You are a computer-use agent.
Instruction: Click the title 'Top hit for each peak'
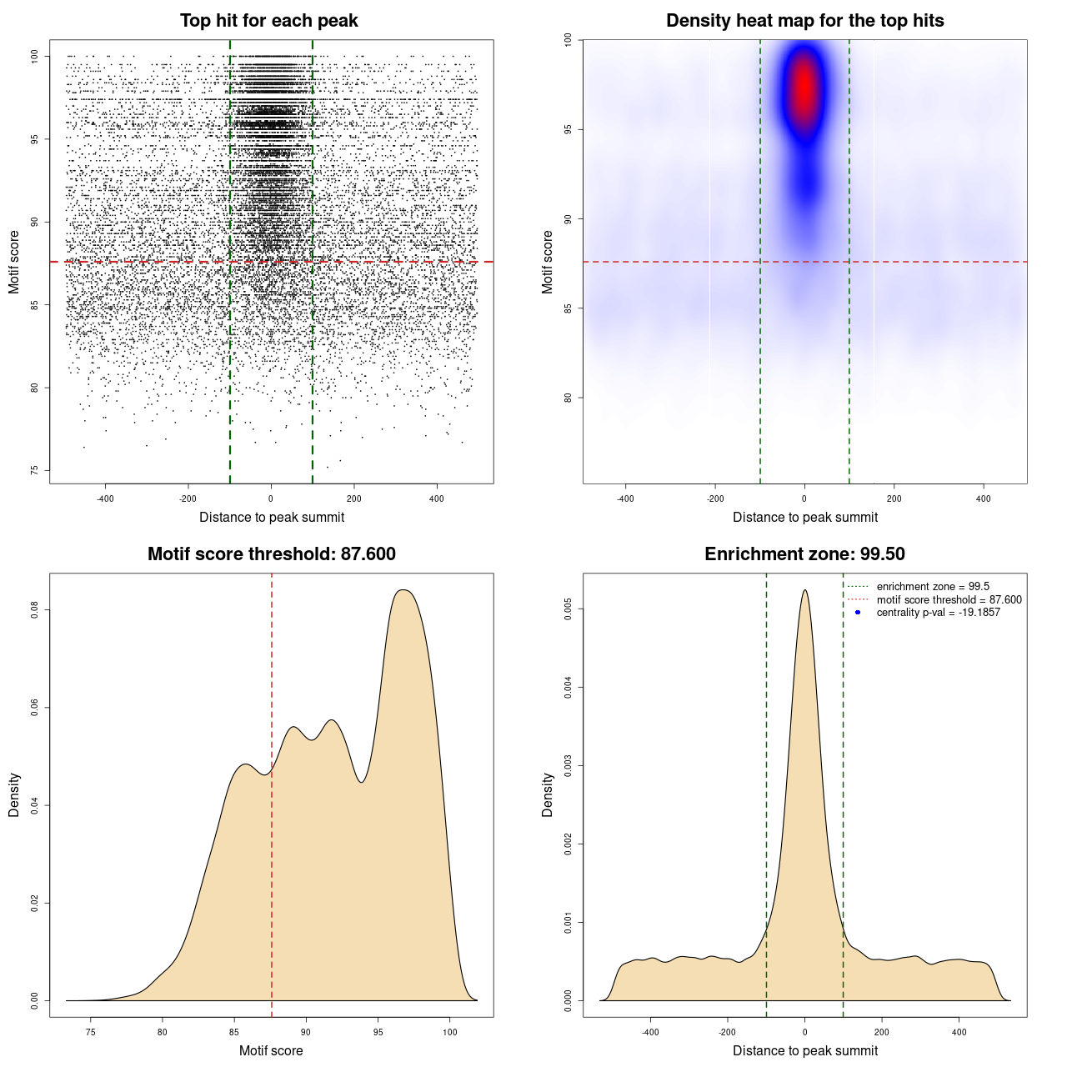click(268, 21)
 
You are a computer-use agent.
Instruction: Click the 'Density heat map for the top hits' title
click(804, 21)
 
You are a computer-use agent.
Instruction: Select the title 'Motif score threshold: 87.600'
click(271, 554)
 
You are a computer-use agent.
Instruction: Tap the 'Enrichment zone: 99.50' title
click(804, 554)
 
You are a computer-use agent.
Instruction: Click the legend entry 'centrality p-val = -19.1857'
click(938, 613)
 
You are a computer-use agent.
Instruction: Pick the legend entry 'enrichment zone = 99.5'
click(933, 587)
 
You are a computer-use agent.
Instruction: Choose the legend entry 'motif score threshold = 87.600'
click(949, 600)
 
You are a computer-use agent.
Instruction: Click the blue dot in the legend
click(858, 613)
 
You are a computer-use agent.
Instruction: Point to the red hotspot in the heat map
click(804, 88)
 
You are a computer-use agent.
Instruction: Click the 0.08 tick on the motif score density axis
click(35, 610)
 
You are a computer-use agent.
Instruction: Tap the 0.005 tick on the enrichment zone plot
click(569, 609)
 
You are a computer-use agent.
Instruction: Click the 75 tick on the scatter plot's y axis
click(35, 470)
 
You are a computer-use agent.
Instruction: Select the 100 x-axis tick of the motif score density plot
click(450, 1032)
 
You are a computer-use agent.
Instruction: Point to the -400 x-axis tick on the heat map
click(625, 498)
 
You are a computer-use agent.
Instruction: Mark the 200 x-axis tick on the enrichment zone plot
click(882, 1032)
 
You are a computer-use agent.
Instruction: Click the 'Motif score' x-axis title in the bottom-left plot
click(271, 1050)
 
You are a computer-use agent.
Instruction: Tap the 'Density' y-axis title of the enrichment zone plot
click(548, 794)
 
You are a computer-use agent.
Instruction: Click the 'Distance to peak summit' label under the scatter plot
click(272, 517)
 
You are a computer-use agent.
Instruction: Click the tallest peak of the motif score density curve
click(403, 590)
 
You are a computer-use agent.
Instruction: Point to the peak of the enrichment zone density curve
click(804, 590)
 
